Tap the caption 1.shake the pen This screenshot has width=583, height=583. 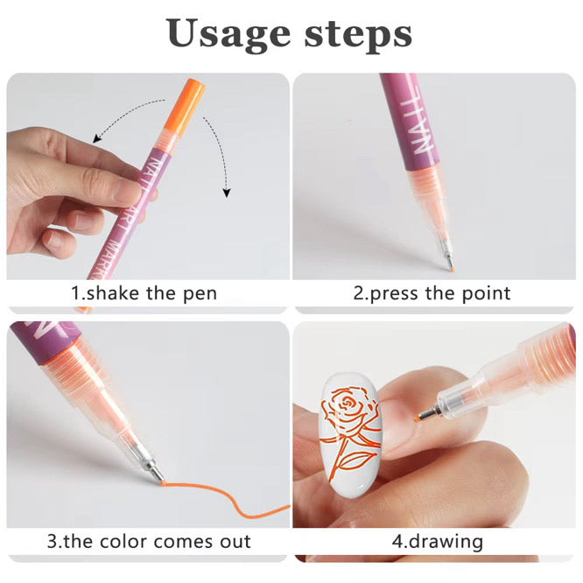pyautogui.click(x=144, y=292)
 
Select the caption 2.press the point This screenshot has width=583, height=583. pyautogui.click(x=432, y=292)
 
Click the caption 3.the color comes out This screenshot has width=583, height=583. pyautogui.click(x=148, y=541)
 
